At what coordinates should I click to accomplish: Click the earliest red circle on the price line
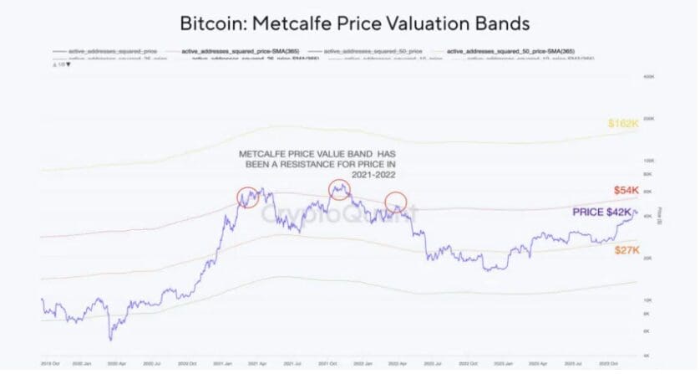point(248,197)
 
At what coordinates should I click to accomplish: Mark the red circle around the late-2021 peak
point(339,189)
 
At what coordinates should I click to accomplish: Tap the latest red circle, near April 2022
point(396,202)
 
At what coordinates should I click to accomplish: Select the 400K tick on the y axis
point(647,76)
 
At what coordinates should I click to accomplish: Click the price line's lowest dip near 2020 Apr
point(109,340)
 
